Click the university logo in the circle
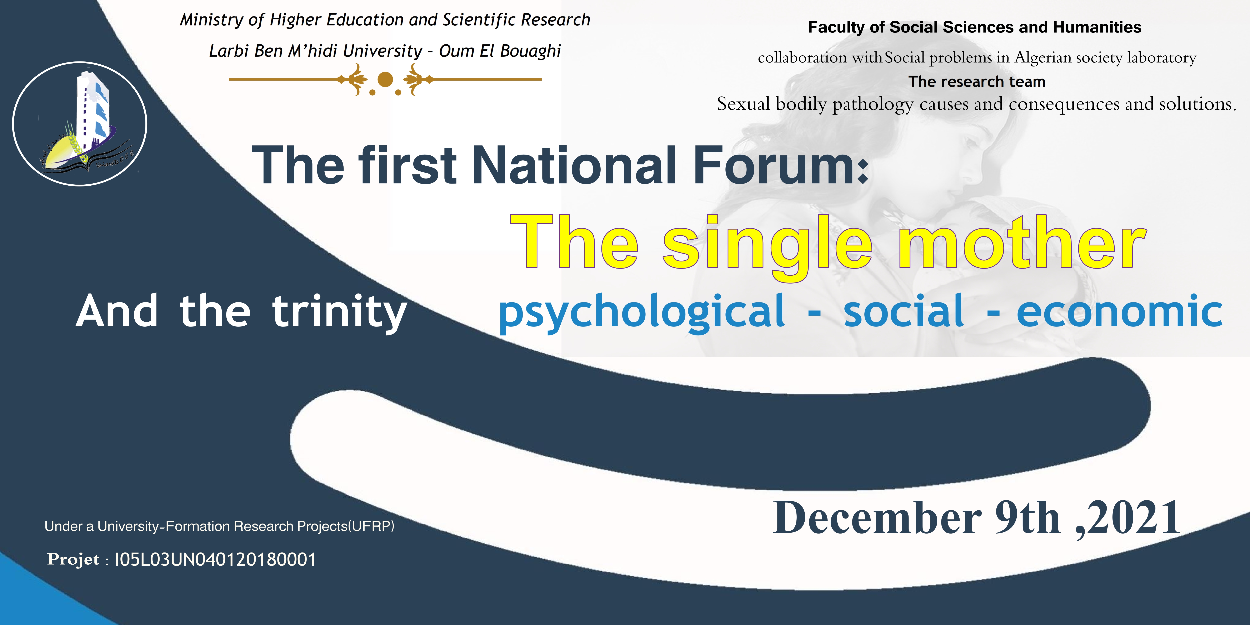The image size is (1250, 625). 80,124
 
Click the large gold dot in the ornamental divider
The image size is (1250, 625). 385,79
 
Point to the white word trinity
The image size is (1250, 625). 339,313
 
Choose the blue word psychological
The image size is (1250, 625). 641,313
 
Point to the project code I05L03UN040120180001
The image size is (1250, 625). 215,560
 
